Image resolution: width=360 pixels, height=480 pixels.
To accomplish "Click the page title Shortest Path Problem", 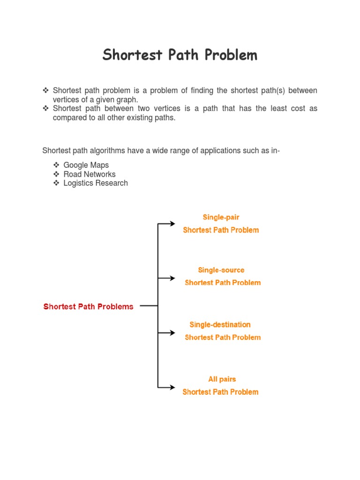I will coord(180,55).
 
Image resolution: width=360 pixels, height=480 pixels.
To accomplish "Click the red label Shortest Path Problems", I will coord(88,307).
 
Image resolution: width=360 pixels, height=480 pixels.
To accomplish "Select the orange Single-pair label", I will coord(221,217).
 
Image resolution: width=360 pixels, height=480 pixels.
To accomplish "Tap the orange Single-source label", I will coord(221,270).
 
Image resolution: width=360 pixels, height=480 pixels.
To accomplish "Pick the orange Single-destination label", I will coord(220,324).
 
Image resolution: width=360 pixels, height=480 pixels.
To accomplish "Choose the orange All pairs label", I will coord(222,379).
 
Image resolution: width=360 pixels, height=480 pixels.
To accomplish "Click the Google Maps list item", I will coord(86,165).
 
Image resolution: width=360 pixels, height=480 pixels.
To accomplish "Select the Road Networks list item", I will coord(90,174).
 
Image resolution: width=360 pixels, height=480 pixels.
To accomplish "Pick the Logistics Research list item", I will coord(96,183).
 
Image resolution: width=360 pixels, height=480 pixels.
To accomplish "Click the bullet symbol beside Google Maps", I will coord(56,165).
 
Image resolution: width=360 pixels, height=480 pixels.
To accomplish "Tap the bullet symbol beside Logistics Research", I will coord(56,183).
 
